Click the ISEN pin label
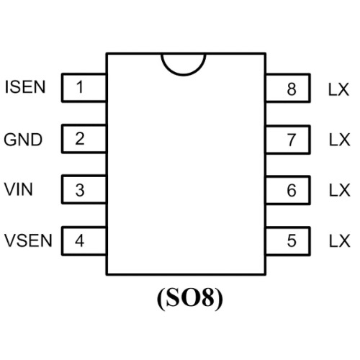click(25, 87)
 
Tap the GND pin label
click(23, 140)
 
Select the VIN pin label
click(19, 189)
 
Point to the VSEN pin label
click(28, 240)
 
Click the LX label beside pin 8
click(338, 90)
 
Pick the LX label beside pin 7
click(340, 140)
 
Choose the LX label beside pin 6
click(340, 190)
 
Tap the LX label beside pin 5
click(340, 240)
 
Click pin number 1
click(80, 86)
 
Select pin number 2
click(80, 138)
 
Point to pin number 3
click(80, 190)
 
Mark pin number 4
click(80, 240)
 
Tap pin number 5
click(292, 240)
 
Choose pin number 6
click(292, 190)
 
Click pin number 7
click(292, 140)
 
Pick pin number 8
click(292, 89)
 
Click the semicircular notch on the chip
click(184, 75)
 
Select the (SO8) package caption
click(190, 298)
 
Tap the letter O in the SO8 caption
click(190, 297)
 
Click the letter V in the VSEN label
click(10, 240)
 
